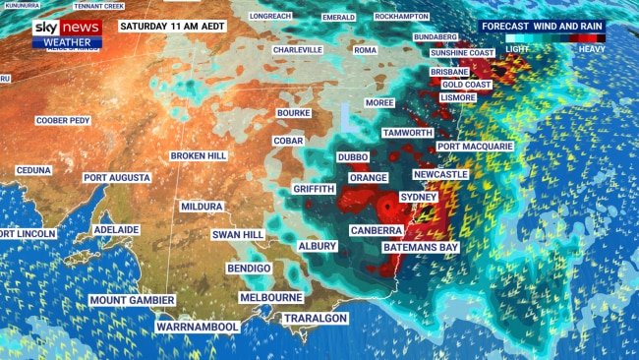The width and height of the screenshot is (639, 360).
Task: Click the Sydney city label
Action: (420, 197)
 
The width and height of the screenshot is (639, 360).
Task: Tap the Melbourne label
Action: (271, 297)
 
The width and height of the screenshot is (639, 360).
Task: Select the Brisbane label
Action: (449, 72)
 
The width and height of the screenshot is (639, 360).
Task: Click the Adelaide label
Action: (116, 229)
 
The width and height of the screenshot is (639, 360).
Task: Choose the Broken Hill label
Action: (200, 156)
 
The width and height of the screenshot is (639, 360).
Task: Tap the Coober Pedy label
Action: (62, 121)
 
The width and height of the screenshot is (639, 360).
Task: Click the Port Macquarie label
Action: (475, 147)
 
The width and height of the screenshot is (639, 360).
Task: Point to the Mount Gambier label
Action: (132, 300)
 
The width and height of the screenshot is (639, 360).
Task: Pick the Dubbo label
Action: (352, 156)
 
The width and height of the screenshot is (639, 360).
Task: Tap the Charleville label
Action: (298, 49)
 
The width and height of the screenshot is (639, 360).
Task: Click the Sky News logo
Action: (67, 32)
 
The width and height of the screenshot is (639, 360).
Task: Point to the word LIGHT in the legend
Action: (517, 48)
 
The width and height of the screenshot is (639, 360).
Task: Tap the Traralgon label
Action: (317, 319)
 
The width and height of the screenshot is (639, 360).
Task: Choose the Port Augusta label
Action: (117, 178)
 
